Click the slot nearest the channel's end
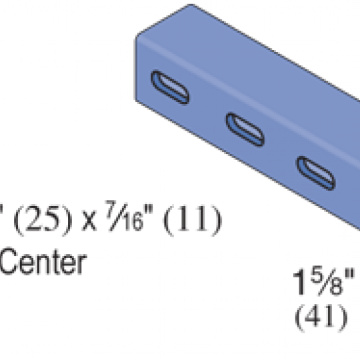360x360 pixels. [170, 87]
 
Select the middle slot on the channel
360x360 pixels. [245, 129]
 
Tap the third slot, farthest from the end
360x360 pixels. [316, 173]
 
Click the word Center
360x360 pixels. [43, 261]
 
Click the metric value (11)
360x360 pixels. [193, 221]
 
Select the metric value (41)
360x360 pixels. [321, 318]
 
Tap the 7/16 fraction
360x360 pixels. [125, 216]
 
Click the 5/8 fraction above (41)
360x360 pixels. [327, 281]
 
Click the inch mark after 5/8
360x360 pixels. [350, 275]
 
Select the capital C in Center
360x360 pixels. [9, 261]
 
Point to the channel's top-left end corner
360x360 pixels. [136, 37]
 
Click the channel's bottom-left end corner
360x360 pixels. [136, 101]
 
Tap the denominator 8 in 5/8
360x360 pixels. [336, 287]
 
